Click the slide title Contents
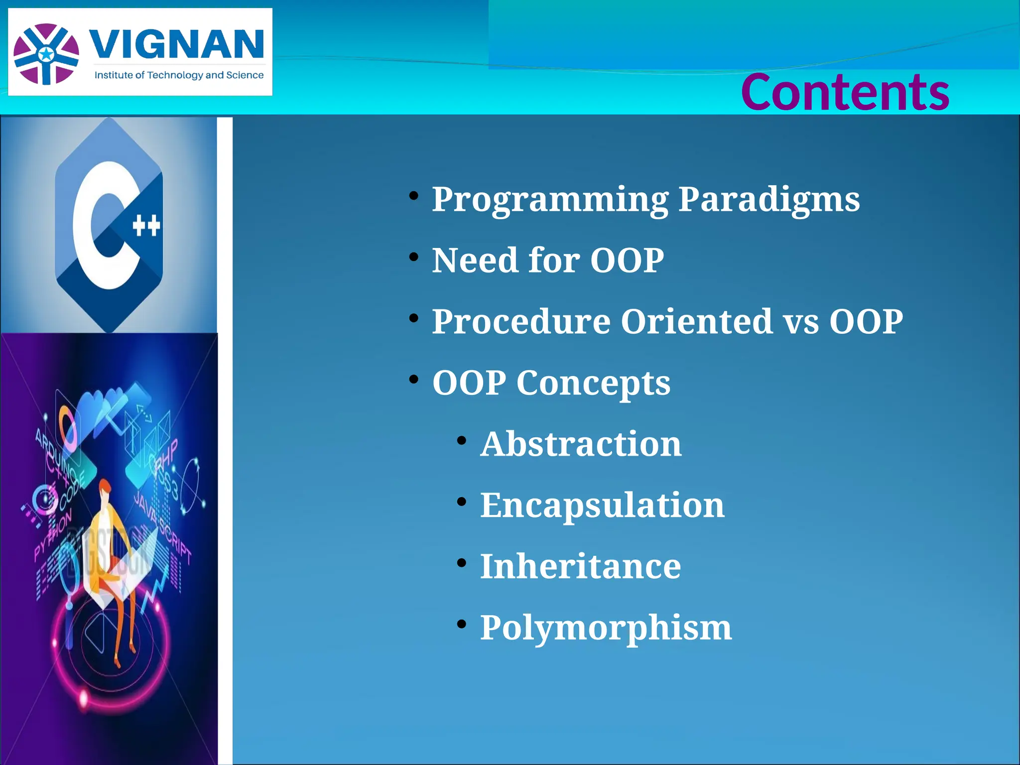pos(845,93)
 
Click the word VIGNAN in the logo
pos(176,45)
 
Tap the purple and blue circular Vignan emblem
pos(46,54)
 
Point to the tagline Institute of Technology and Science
pos(179,75)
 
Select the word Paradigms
pos(769,200)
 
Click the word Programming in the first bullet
pos(550,200)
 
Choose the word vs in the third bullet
pos(801,322)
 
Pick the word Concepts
pos(593,383)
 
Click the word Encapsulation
pos(602,505)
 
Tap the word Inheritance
pos(580,566)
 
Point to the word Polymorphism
pos(606,628)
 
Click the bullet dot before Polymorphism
pos(461,624)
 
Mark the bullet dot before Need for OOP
pos(413,257)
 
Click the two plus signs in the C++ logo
pos(146,226)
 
